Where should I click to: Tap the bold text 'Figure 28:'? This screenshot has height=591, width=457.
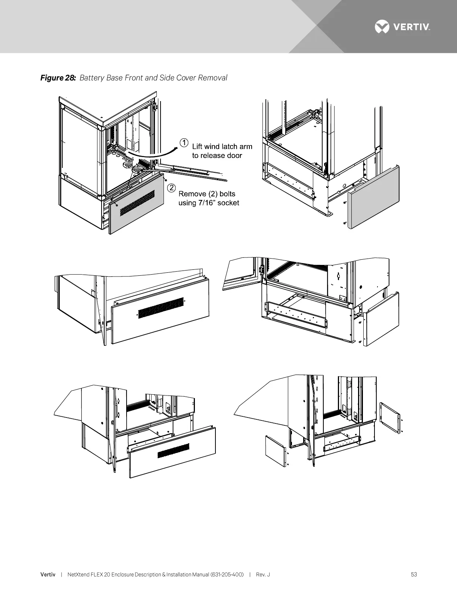coord(58,78)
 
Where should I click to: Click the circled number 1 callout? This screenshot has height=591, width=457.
coord(184,142)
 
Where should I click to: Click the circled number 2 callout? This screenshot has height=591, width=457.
coord(171,187)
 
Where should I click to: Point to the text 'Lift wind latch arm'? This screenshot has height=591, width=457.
coord(222,146)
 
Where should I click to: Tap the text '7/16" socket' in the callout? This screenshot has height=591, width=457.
coord(218,203)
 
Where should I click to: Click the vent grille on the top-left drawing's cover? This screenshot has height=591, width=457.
coord(137,203)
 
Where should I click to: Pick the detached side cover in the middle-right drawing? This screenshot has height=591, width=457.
coord(382,319)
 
